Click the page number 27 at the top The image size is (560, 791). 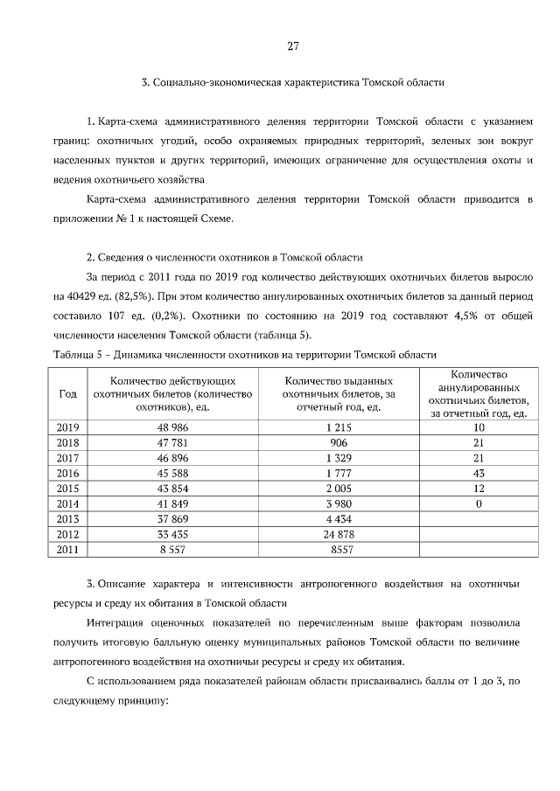coord(292,46)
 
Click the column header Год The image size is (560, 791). coord(67,393)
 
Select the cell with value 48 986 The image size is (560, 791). coord(173,427)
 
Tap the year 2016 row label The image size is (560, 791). coord(67,473)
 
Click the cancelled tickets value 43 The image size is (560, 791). coord(478,473)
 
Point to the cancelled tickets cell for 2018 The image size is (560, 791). coord(478,442)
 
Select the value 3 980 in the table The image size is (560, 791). coord(338,503)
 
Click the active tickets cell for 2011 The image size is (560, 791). coord(173,549)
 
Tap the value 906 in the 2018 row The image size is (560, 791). coord(338,442)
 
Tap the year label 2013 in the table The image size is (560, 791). coord(67,518)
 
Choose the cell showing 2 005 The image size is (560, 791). coord(338,488)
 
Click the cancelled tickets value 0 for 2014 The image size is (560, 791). coord(478,503)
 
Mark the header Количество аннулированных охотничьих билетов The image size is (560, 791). coord(478,393)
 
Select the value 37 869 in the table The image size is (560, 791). coord(173,518)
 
